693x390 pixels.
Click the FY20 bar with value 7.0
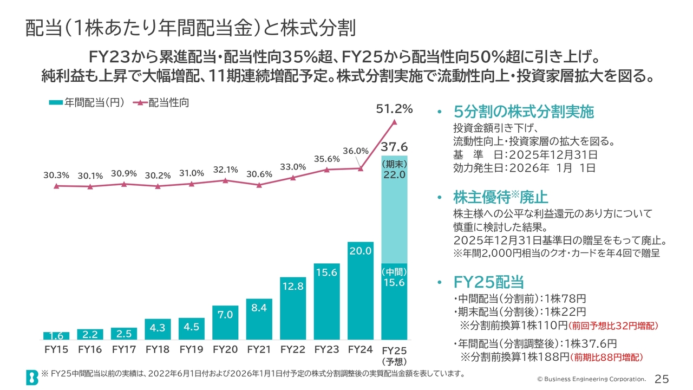[x=225, y=323]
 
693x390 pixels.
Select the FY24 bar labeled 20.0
[x=361, y=291]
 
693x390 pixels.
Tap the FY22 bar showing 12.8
[x=292, y=308]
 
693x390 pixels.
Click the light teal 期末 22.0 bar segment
[x=394, y=211]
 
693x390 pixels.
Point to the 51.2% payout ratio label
[x=394, y=109]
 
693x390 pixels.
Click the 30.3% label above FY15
[x=56, y=175]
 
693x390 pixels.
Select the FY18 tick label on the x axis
[x=158, y=350]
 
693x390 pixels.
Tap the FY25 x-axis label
[x=394, y=350]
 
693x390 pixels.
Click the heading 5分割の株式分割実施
[x=524, y=112]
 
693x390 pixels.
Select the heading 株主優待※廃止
[x=501, y=196]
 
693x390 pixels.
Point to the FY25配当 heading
[x=488, y=282]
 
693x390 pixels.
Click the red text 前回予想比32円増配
[x=613, y=326]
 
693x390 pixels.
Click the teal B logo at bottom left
[x=32, y=377]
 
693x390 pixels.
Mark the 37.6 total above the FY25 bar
[x=394, y=147]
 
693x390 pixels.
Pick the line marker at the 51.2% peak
[x=394, y=122]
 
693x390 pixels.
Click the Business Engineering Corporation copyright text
[x=591, y=379]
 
